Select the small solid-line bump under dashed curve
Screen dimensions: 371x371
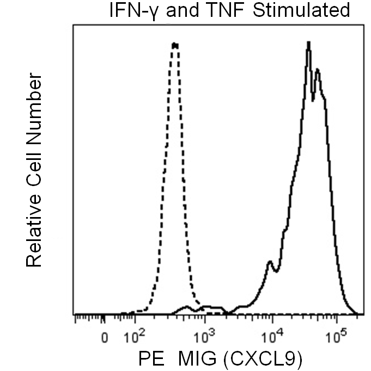coord(186,307)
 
